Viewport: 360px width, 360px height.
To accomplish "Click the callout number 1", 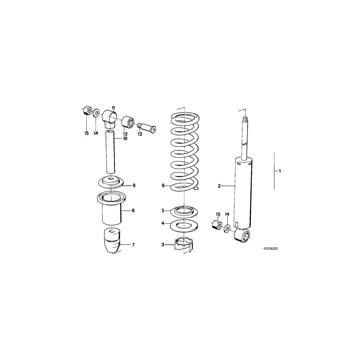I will (280, 171).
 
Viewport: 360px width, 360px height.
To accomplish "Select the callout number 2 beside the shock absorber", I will (219, 186).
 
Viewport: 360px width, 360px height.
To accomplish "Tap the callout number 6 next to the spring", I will (163, 186).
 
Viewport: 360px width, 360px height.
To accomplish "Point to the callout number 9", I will (134, 185).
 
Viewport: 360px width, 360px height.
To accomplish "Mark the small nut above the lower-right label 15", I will (217, 224).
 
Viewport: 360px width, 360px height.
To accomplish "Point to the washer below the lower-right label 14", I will (227, 229).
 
